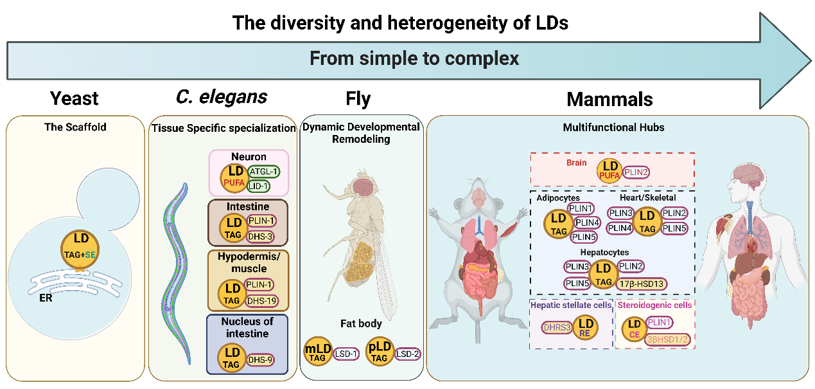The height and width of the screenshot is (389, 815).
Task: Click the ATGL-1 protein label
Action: (263, 172)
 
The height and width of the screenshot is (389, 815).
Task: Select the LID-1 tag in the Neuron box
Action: (258, 186)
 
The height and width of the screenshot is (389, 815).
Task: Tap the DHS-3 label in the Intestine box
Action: (261, 237)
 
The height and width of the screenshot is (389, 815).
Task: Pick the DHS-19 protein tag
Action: (262, 301)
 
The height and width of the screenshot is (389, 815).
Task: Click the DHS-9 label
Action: (261, 360)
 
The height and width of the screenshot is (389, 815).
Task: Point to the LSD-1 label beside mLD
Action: (346, 354)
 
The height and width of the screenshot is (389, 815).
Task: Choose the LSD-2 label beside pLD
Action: (407, 354)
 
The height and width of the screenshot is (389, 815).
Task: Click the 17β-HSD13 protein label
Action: (642, 284)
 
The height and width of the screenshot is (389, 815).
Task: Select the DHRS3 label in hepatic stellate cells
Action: (557, 327)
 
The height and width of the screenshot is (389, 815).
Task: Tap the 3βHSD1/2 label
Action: (668, 339)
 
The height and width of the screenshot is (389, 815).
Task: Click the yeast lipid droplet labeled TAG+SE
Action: (80, 249)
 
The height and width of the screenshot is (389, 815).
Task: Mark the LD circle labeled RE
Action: (586, 327)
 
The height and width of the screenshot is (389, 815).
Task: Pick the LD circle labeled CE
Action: (634, 329)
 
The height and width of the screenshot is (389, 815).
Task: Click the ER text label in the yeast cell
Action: (46, 298)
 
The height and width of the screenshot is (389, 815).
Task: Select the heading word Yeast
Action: (74, 98)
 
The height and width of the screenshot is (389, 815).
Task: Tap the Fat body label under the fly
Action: (361, 323)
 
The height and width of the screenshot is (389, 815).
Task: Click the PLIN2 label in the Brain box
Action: (636, 172)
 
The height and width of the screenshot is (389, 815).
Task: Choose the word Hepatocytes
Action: (604, 252)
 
